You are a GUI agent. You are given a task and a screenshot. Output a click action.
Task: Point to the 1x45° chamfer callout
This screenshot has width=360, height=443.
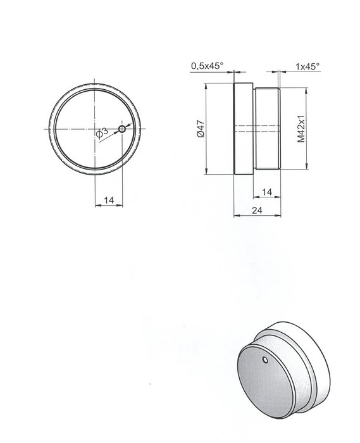(x=307, y=65)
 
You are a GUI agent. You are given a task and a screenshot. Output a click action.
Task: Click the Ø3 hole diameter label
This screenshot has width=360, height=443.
(x=102, y=132)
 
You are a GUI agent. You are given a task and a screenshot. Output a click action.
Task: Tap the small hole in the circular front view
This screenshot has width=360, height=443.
(x=122, y=130)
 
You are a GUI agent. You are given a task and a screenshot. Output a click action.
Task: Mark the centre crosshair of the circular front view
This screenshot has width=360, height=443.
(x=95, y=130)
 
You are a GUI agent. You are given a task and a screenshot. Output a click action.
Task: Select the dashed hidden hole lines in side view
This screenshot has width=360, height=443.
(x=256, y=130)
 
